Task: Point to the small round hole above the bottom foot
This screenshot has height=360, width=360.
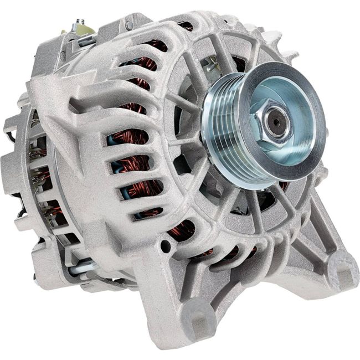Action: point(164,243)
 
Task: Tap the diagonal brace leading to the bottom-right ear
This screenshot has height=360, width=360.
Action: point(310,233)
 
